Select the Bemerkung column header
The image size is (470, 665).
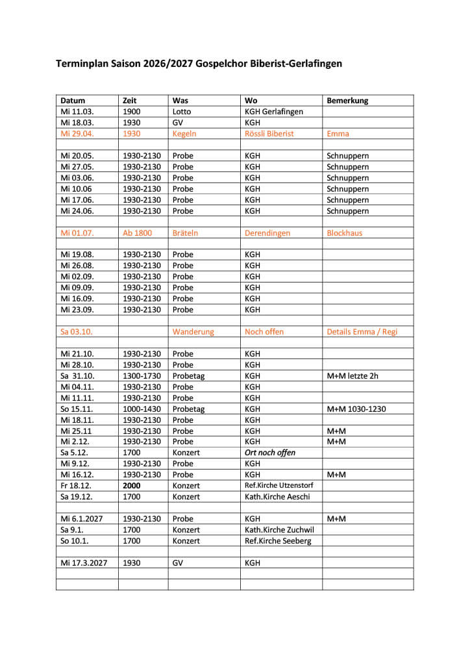click(x=347, y=101)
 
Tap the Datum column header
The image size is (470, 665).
click(x=73, y=101)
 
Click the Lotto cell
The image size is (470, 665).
click(x=182, y=112)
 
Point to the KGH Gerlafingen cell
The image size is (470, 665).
click(x=273, y=112)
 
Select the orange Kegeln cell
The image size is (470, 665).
click(x=184, y=134)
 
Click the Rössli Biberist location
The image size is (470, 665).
click(x=269, y=134)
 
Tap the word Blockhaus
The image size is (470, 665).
click(x=345, y=232)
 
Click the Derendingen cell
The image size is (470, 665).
click(x=267, y=232)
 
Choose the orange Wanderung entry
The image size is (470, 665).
click(x=193, y=332)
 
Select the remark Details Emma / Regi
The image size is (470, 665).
click(x=362, y=332)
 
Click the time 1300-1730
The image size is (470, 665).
click(x=142, y=376)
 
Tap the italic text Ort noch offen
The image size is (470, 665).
click(x=269, y=453)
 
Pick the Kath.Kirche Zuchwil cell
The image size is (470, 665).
click(x=279, y=530)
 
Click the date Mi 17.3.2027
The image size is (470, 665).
click(x=84, y=563)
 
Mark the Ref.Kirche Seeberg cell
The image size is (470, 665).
click(x=278, y=541)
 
